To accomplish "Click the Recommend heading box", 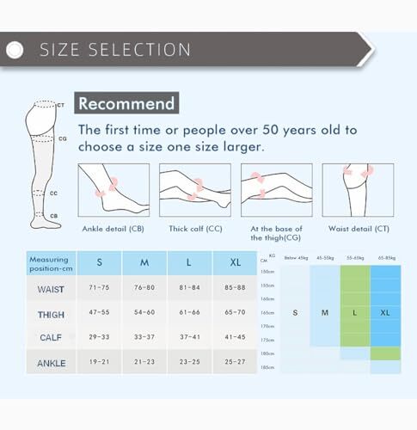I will tap(126, 104).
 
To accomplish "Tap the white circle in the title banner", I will tap(15, 51).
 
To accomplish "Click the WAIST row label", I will tap(51, 290).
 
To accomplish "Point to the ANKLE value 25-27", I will tap(234, 363).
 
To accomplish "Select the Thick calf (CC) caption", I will tap(194, 229).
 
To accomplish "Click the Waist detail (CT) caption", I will tap(358, 229).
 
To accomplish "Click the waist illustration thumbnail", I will tap(358, 190).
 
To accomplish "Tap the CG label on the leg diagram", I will tap(62, 138).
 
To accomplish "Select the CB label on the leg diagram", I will tap(53, 216).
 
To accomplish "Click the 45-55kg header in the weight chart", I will tap(325, 257).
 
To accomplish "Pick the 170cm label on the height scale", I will tap(267, 326).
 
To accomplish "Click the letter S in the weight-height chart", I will tap(295, 312).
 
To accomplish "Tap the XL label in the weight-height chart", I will tap(384, 312).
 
